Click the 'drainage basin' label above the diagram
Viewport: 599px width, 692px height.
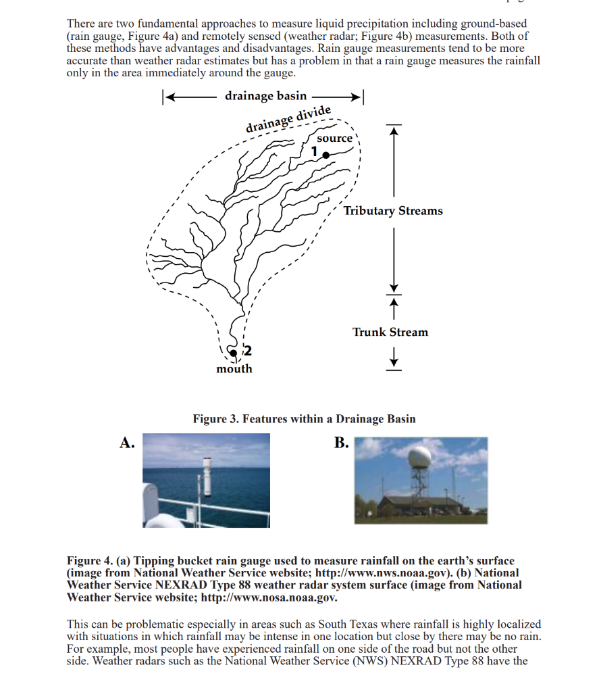pos(265,96)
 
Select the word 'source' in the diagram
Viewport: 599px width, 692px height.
pos(335,139)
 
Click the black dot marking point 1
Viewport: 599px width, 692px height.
pos(326,155)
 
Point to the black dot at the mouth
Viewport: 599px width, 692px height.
pos(233,353)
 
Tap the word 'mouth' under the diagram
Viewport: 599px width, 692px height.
pos(234,369)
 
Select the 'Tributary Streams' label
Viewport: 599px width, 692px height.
pos(393,211)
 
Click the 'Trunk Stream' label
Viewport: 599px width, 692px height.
pos(390,332)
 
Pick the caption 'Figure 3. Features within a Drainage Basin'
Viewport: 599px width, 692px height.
pos(304,419)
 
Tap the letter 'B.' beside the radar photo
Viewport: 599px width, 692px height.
pos(341,443)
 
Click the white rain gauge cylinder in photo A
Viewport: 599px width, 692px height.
pos(208,476)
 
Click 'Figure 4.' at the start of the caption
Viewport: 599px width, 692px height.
pos(90,561)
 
